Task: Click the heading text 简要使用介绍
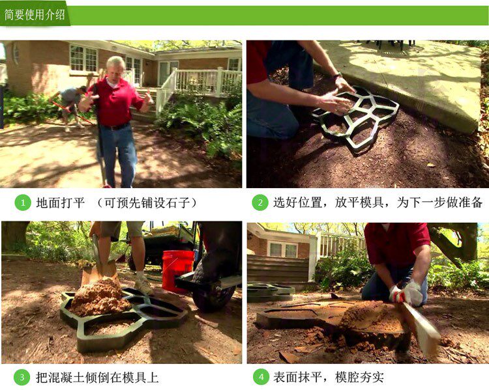35,14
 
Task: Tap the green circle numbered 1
23,202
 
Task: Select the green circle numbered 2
260,202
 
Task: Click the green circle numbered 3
22,377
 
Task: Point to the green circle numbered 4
261,377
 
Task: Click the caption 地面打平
60,202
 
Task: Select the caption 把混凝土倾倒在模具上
97,378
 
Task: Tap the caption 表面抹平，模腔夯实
329,378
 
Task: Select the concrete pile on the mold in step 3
98,298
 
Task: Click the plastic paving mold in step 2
356,118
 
